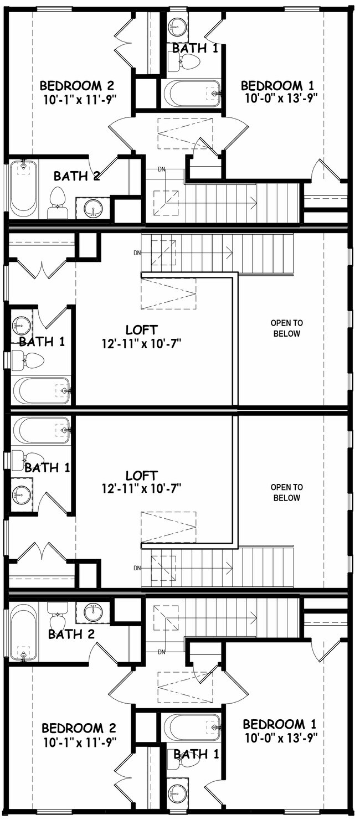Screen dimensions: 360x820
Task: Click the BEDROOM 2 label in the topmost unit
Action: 77,86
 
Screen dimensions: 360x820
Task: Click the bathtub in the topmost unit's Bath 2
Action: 24,188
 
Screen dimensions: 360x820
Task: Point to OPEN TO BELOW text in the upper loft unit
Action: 287,328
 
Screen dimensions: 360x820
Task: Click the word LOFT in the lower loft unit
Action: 142,476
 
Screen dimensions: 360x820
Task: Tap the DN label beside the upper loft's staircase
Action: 137,252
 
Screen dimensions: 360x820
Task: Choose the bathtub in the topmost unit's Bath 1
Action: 192,94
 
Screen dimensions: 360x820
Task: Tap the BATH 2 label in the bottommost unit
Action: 71,634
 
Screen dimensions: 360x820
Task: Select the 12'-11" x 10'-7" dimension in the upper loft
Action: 142,343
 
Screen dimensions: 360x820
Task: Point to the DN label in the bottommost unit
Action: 162,652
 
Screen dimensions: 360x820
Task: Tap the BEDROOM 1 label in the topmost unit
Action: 277,86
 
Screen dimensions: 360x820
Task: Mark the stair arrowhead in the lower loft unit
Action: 229,569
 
